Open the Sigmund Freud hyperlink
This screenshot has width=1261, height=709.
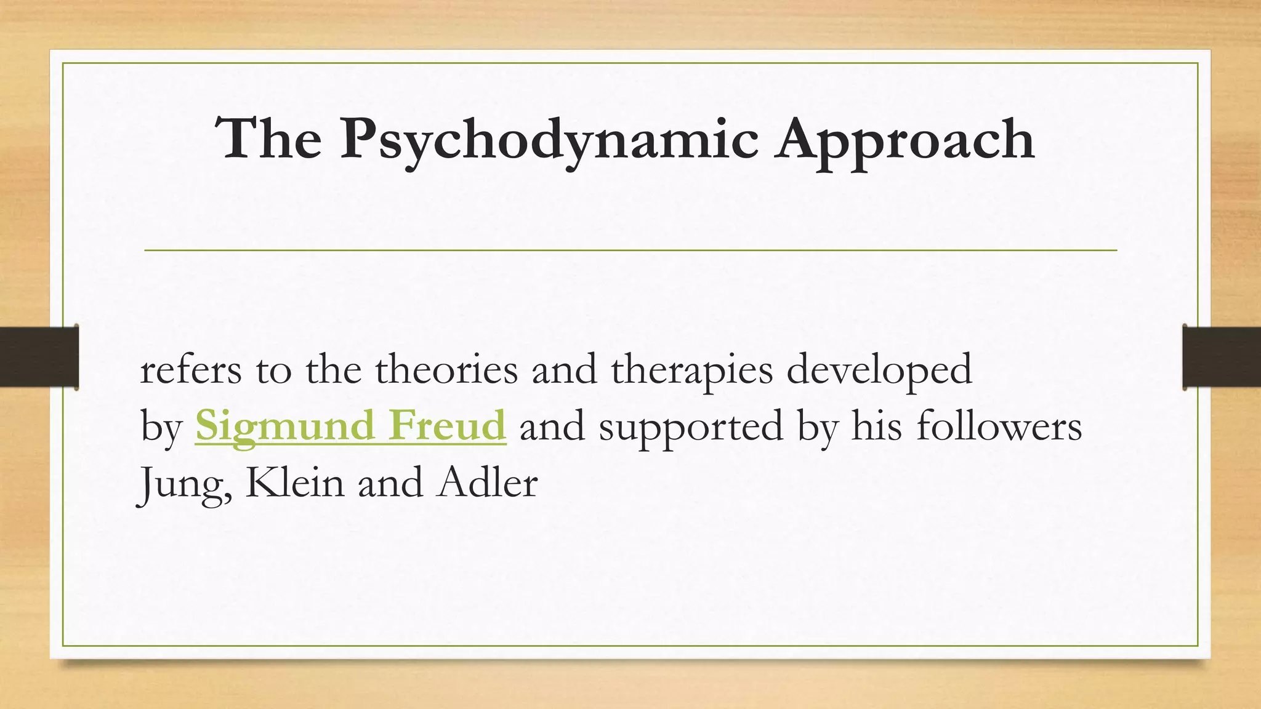click(x=350, y=425)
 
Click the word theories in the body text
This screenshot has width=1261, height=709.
click(x=446, y=370)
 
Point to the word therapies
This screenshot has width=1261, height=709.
click(x=691, y=370)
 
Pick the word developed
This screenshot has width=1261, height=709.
click(x=879, y=370)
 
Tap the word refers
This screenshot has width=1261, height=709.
click(x=191, y=370)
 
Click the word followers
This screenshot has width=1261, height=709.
click(x=999, y=425)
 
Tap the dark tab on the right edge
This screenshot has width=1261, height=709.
click(x=1222, y=357)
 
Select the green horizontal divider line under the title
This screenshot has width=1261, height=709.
click(x=630, y=250)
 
